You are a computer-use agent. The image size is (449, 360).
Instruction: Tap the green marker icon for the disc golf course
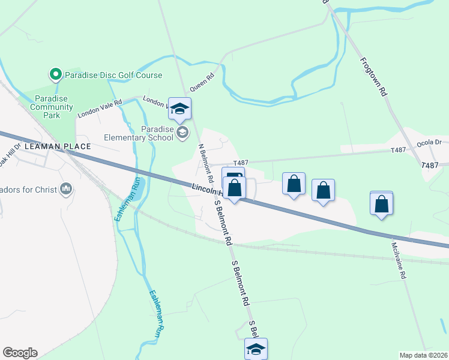pos(55,75)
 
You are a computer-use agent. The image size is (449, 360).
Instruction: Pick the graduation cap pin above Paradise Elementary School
pos(179,109)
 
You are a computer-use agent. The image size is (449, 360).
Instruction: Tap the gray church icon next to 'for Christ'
pos(66,190)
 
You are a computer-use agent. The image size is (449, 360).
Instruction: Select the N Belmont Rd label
pos(206,163)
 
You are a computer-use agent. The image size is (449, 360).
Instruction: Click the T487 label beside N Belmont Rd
pos(241,163)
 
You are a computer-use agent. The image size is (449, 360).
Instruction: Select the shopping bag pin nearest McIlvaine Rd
pos(381,203)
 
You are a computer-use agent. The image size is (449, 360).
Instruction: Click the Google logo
pos(20,353)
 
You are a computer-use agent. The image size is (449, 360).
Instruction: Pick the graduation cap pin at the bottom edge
pos(256,349)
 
